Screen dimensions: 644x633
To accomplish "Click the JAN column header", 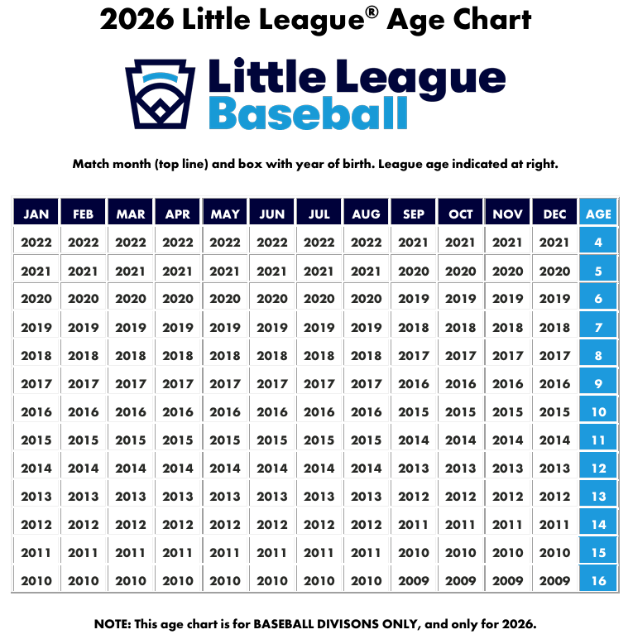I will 36,214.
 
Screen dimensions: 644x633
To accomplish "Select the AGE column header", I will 598,214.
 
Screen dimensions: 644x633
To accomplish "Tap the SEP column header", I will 414,214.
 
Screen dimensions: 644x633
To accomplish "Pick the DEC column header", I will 555,214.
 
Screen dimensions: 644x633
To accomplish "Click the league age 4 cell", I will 598,243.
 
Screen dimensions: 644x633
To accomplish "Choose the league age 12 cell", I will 598,469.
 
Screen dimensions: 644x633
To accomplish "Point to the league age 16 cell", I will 598,581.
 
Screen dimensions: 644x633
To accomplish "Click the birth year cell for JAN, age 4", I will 36,243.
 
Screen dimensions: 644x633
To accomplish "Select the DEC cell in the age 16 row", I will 555,581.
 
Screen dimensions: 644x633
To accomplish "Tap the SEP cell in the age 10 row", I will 414,412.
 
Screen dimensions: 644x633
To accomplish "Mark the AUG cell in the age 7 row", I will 367,327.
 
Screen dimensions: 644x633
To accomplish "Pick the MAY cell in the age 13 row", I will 225,497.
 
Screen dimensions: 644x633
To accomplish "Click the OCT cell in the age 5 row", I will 461,271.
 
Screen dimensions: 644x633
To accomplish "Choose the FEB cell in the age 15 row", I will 83,553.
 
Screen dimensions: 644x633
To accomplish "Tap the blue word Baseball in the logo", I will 308,113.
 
